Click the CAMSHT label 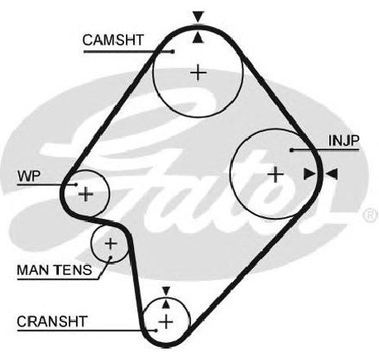pyautogui.click(x=113, y=40)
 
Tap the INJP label pyautogui.click(x=344, y=140)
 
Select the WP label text pyautogui.click(x=29, y=176)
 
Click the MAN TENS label pyautogui.click(x=55, y=270)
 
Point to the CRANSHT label pyautogui.click(x=52, y=322)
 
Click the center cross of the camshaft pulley pyautogui.click(x=198, y=73)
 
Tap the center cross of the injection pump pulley pyautogui.click(x=275, y=174)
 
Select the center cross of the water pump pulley pyautogui.click(x=86, y=194)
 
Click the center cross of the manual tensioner pyautogui.click(x=110, y=243)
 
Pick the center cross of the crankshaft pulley pyautogui.click(x=166, y=322)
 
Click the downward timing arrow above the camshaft pyautogui.click(x=198, y=16)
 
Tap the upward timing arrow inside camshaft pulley pyautogui.click(x=198, y=38)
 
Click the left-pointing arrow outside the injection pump pyautogui.click(x=332, y=174)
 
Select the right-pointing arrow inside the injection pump pyautogui.click(x=310, y=174)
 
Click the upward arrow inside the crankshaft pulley pyautogui.click(x=166, y=304)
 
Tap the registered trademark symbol pyautogui.click(x=371, y=215)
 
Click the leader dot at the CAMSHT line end pyautogui.click(x=172, y=51)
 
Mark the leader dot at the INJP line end pyautogui.click(x=292, y=150)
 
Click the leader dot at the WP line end pyautogui.click(x=76, y=184)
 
